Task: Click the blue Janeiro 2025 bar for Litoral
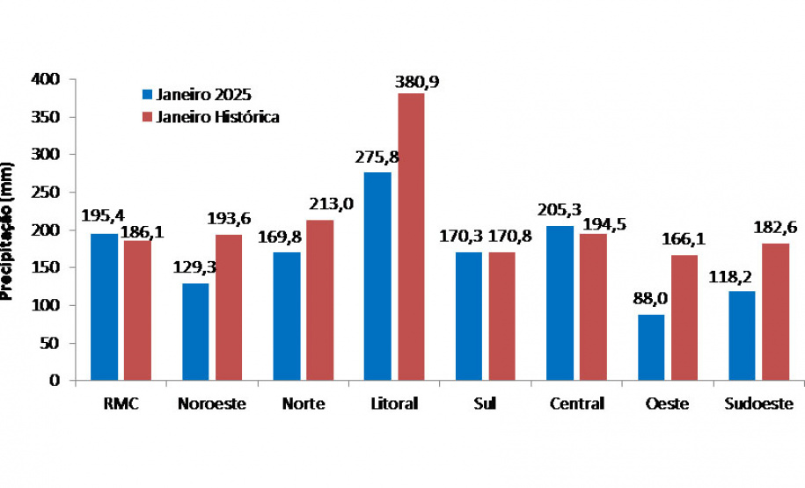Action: (377, 276)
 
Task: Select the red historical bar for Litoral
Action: (410, 237)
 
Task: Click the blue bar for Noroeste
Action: (195, 331)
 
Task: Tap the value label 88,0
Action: (650, 299)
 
